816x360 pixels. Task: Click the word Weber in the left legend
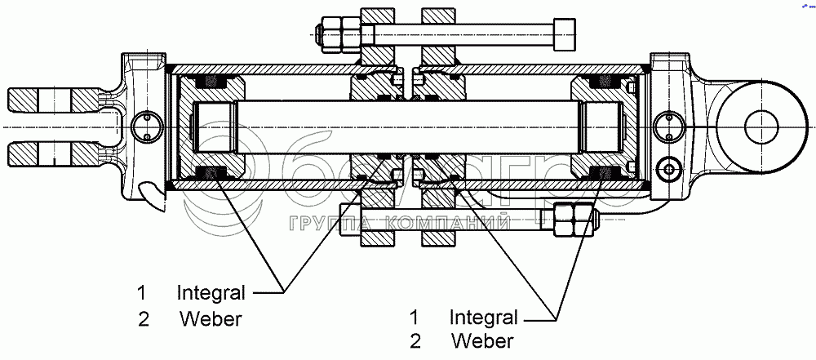pos(211,319)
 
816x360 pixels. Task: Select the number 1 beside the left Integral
pos(142,291)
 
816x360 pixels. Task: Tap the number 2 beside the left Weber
pos(144,319)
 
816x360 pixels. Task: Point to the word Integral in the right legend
pos(483,316)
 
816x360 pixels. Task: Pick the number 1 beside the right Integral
pos(415,316)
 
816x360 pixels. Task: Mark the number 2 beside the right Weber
pos(415,340)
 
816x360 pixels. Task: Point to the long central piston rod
pos(408,127)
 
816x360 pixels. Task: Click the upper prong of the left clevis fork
pos(53,100)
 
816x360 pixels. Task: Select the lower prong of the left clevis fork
pos(53,153)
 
